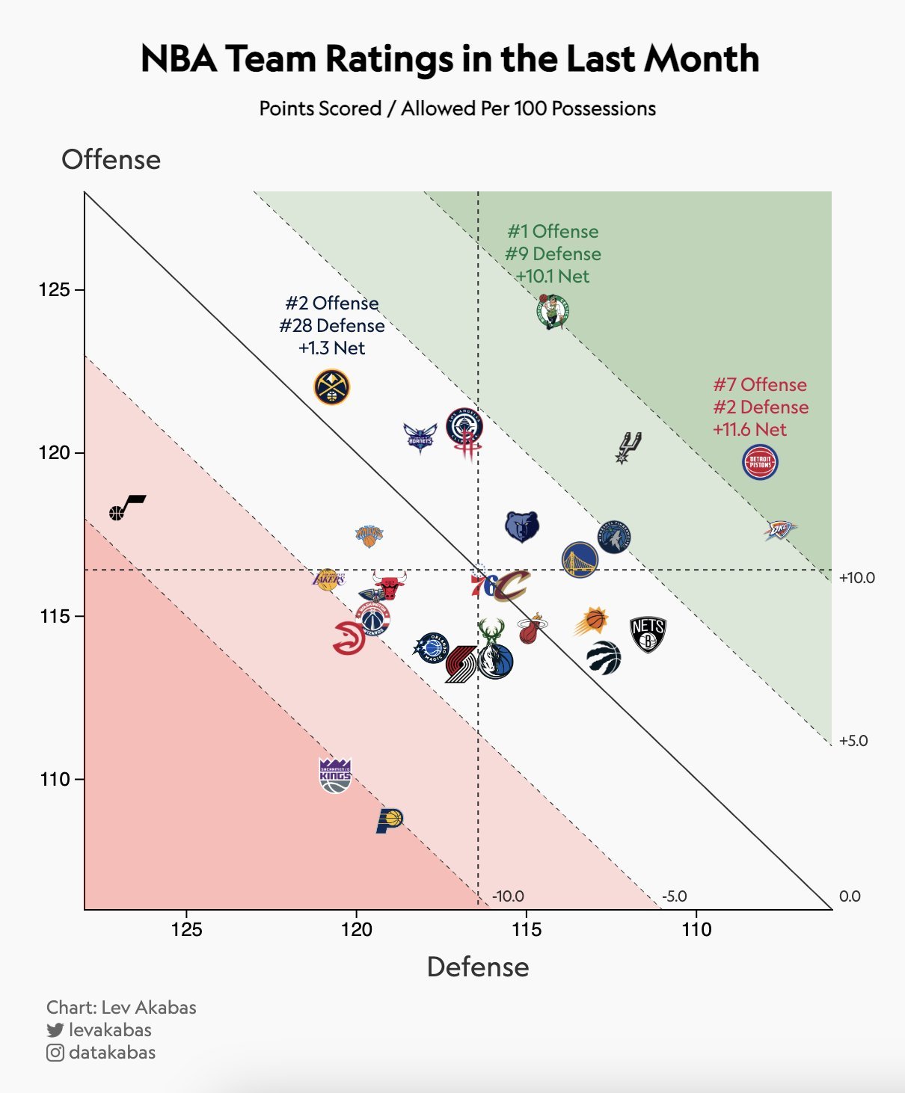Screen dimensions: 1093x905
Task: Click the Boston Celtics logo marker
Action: pos(553,311)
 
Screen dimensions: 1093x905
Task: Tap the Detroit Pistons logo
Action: pos(760,462)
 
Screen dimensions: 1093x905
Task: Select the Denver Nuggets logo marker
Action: pos(331,387)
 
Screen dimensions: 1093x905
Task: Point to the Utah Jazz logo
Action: pos(127,508)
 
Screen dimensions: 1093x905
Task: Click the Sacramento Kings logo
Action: pos(335,775)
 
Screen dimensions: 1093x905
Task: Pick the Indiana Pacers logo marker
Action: pos(389,820)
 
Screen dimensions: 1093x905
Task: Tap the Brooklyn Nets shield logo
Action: pos(648,635)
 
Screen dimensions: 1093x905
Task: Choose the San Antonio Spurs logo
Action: pos(628,447)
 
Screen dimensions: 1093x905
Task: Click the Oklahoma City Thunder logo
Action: pos(780,530)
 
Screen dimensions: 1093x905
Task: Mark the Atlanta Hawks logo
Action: pos(350,637)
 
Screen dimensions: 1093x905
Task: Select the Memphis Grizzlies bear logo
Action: pos(522,527)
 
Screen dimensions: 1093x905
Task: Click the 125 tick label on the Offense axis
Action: pos(53,289)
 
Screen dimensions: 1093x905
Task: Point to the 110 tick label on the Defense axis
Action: pos(696,929)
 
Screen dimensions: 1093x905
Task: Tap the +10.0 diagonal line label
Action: pos(857,578)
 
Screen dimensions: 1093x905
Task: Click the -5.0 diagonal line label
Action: pos(674,896)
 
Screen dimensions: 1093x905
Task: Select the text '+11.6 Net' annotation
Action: pos(749,430)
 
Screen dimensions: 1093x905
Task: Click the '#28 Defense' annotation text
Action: pos(332,326)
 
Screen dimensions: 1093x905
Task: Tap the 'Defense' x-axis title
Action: pos(478,967)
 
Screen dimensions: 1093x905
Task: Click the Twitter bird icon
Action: pos(55,1030)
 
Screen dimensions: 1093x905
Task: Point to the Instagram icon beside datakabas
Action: pos(55,1053)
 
